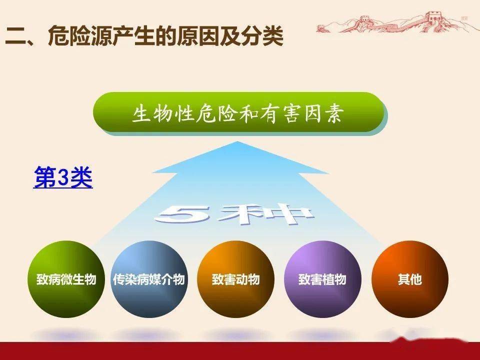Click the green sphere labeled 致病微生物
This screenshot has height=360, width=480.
(66, 279)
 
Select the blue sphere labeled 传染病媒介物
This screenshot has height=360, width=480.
(149, 279)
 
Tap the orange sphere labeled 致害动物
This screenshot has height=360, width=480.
(235, 279)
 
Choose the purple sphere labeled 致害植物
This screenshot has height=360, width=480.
(322, 279)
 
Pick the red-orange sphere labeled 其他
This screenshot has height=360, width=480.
(410, 279)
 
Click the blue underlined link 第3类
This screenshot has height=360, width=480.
(63, 177)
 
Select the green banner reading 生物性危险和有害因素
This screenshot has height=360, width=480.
(239, 112)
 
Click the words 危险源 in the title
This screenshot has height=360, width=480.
(80, 36)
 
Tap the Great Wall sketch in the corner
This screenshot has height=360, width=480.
(395, 22)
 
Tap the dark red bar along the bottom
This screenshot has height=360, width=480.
(240, 351)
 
